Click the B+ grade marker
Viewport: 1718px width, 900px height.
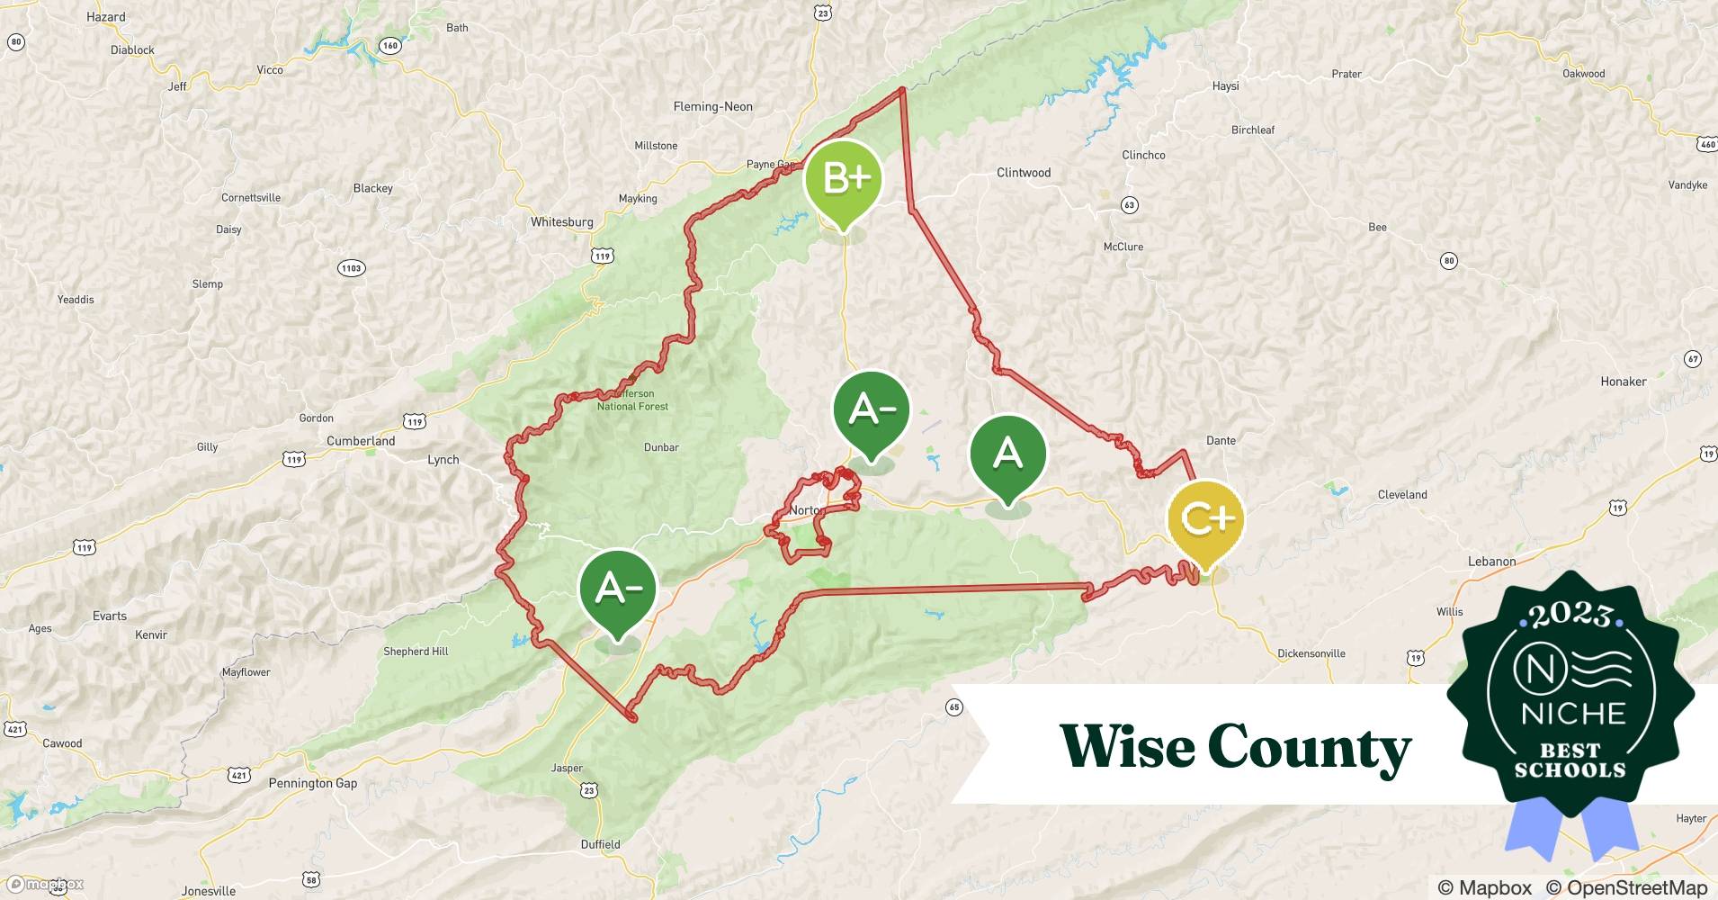(x=843, y=180)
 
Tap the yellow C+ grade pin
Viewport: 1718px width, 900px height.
(x=1205, y=519)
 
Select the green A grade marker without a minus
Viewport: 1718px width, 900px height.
(x=1007, y=454)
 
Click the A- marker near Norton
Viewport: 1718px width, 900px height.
(x=872, y=410)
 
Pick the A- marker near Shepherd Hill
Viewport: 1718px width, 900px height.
(x=618, y=589)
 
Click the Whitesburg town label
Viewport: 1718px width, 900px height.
(x=561, y=222)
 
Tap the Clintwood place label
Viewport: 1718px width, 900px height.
(x=1023, y=173)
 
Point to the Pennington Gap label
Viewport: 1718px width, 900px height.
(x=312, y=783)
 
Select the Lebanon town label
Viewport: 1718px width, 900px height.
(x=1491, y=562)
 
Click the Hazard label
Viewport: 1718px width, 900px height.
(x=106, y=17)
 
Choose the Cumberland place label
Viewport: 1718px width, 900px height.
(x=361, y=441)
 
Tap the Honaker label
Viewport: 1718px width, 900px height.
(x=1623, y=382)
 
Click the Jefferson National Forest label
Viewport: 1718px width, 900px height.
(x=633, y=400)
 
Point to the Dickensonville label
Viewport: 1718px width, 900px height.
(x=1311, y=653)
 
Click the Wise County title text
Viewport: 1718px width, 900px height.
(x=1235, y=747)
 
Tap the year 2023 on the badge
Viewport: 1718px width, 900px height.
(x=1570, y=615)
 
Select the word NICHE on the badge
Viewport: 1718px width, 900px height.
(x=1573, y=714)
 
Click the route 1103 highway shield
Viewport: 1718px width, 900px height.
(x=351, y=268)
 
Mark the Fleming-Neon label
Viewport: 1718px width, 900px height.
(x=712, y=106)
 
